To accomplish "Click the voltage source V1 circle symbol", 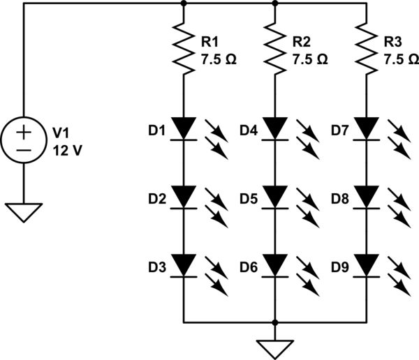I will [x=24, y=139].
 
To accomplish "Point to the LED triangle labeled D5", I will [x=275, y=197].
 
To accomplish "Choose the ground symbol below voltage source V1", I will [x=24, y=211].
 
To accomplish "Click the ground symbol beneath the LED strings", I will [x=275, y=347].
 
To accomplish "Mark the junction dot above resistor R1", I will [x=183, y=3].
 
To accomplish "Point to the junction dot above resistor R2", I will [x=275, y=3].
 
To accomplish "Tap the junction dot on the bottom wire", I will [x=275, y=323].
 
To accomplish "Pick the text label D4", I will [x=249, y=130].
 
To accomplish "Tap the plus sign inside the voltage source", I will [x=24, y=130].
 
